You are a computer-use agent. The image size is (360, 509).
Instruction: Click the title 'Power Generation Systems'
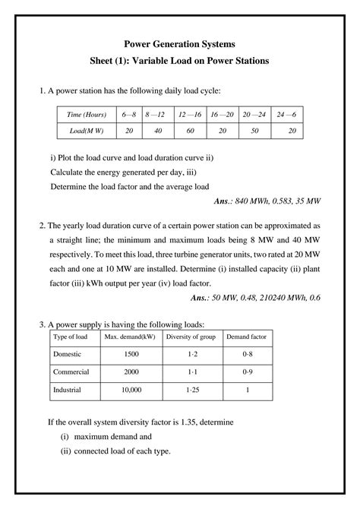(x=180, y=44)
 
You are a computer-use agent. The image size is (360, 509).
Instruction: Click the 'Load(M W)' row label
(x=85, y=131)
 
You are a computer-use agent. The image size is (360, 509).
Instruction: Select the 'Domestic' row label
(x=68, y=355)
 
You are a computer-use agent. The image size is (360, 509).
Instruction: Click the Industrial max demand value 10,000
(x=131, y=390)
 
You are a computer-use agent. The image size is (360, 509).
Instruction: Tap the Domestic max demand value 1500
(x=131, y=355)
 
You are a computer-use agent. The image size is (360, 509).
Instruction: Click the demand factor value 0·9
(x=246, y=372)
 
